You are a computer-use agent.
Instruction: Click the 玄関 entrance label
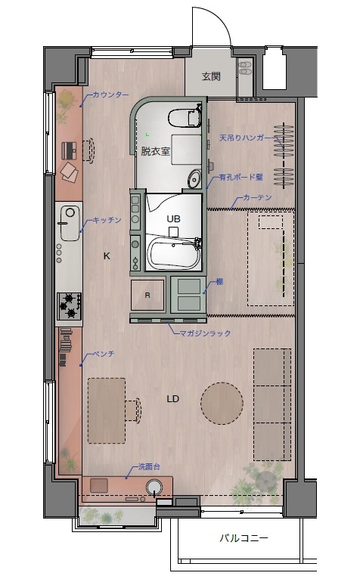coord(211,76)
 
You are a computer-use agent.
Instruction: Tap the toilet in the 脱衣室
coord(184,117)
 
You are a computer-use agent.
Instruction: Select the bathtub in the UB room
coord(174,253)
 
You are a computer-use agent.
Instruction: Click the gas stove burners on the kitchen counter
coord(69,306)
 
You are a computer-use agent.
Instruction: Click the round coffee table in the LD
coord(222,403)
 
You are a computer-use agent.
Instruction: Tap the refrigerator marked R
coord(147,295)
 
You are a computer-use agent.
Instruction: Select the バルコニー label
coord(244,538)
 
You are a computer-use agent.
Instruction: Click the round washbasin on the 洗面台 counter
coord(154,487)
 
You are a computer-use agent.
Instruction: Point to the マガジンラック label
coord(205,333)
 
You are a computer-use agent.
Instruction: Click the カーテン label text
coord(257,197)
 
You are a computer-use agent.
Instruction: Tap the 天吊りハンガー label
coord(248,138)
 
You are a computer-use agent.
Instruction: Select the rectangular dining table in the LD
coord(107,410)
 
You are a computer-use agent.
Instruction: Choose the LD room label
coord(173,399)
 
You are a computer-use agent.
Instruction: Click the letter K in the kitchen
coord(107,255)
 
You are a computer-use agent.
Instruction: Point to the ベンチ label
coord(103,354)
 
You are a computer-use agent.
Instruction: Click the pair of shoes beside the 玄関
coord(245,67)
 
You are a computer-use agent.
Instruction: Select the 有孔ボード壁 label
coord(241,177)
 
